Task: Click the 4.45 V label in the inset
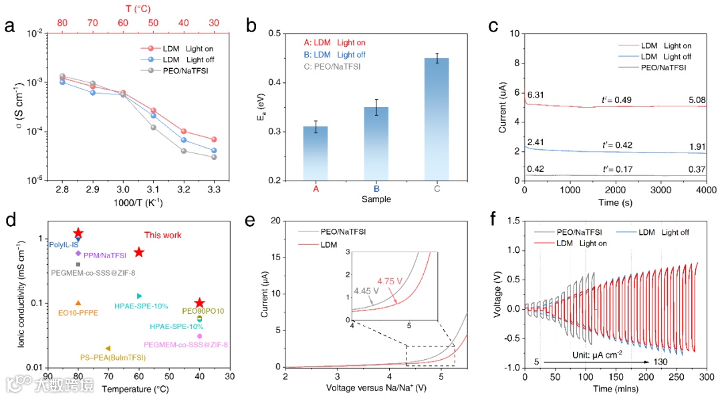point(366,291)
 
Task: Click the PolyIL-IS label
point(64,245)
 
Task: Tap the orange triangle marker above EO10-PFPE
point(78,303)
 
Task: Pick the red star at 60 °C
point(139,252)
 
